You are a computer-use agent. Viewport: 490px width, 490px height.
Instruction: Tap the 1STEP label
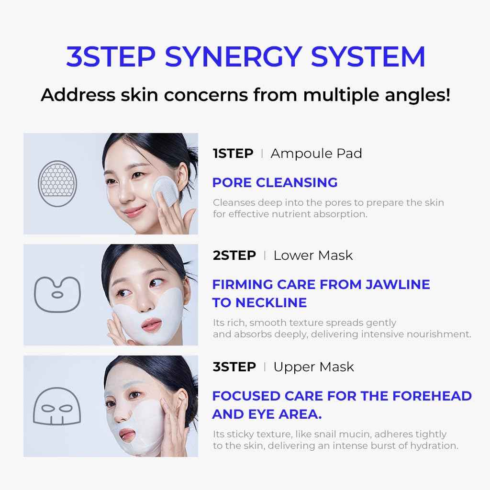[x=233, y=154]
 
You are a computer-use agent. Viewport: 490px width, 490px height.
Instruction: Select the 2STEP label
[x=234, y=256]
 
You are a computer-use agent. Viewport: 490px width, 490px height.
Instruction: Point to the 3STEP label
[x=234, y=367]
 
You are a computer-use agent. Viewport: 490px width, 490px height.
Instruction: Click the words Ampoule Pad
[x=316, y=154]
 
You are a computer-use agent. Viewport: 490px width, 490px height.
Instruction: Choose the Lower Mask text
[x=313, y=256]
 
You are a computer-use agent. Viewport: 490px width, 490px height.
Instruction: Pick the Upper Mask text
[x=313, y=367]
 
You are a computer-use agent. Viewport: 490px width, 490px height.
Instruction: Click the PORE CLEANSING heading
[x=275, y=182]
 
